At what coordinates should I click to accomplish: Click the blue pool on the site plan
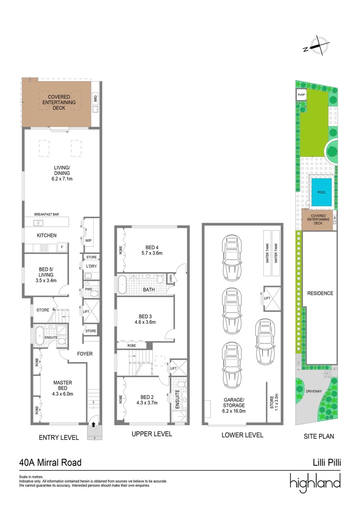[321, 192]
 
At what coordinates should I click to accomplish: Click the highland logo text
[315, 483]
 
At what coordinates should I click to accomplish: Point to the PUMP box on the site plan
[301, 94]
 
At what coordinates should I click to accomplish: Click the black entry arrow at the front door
[93, 424]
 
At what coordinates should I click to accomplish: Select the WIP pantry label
[88, 240]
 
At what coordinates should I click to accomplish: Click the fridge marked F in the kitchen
[61, 247]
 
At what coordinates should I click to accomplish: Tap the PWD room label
[88, 289]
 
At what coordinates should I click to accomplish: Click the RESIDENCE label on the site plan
[320, 293]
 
